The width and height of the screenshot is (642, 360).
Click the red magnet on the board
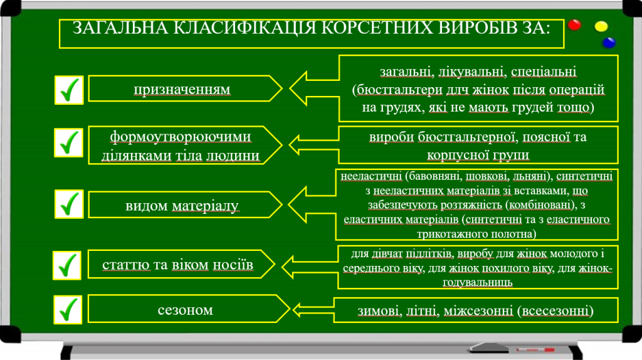pos(574,26)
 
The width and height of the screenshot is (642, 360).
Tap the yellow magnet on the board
pos(601,27)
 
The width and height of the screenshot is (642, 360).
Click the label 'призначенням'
pos(182,89)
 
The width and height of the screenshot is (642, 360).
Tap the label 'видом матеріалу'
pos(182,205)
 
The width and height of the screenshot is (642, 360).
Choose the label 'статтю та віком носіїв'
pos(178,265)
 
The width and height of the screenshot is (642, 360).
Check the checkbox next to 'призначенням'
pos(68,90)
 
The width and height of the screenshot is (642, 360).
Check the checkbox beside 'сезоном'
pos(67,310)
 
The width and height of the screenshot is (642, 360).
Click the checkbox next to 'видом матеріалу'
pos(68,204)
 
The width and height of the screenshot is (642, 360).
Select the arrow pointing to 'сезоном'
pos(313,309)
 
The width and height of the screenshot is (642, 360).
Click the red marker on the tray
pos(535,348)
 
